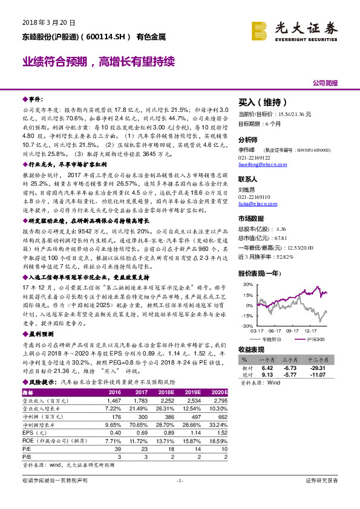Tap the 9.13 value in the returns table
point(268,374)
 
